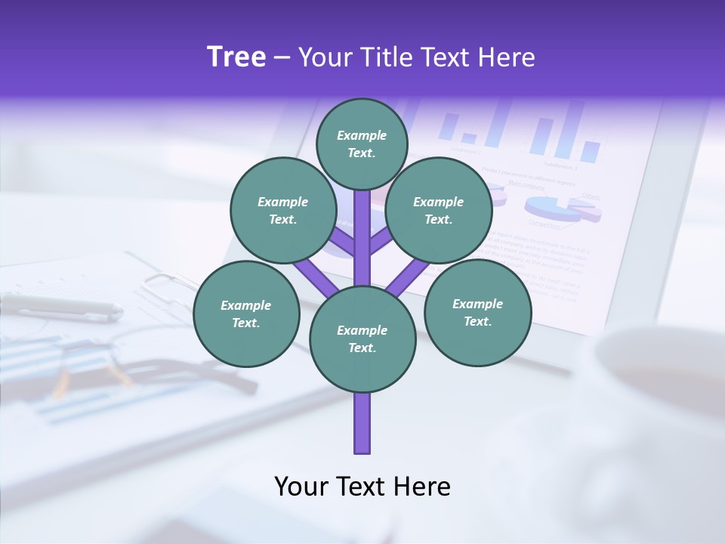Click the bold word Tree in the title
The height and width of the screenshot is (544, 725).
(x=236, y=57)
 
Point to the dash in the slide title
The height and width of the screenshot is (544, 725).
(x=282, y=58)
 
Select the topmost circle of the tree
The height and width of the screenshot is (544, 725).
(x=362, y=144)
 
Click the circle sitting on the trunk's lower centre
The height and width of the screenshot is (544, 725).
(x=362, y=339)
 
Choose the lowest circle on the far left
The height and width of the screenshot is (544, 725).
(x=246, y=314)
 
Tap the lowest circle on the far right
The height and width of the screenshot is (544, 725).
(x=477, y=313)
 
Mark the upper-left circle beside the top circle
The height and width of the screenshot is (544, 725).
(x=282, y=210)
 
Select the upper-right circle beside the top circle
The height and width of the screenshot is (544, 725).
(x=439, y=210)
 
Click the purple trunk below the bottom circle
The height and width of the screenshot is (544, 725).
(x=362, y=423)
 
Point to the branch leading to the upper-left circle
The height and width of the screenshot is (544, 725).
(x=343, y=243)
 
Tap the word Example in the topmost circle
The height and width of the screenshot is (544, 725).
(x=362, y=135)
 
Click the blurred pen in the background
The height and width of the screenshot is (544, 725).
(x=60, y=306)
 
